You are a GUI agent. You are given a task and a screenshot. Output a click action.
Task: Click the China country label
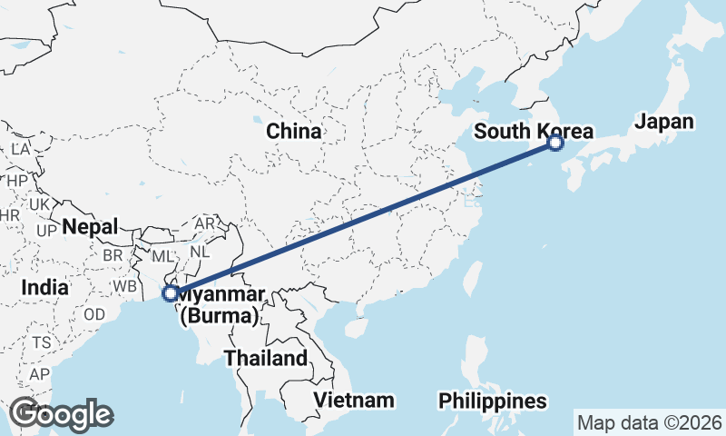click(293, 132)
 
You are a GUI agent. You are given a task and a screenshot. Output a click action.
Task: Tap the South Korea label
click(534, 132)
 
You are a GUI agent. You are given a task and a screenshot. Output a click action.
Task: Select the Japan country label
click(664, 122)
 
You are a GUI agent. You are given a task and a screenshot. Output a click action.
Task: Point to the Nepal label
click(91, 227)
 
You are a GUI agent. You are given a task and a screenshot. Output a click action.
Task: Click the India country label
click(45, 287)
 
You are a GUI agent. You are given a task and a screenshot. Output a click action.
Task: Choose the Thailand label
click(266, 358)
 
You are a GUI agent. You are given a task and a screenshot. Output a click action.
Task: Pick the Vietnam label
click(354, 400)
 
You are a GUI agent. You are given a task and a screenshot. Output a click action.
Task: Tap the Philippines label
click(493, 401)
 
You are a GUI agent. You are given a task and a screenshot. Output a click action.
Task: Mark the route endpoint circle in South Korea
click(555, 143)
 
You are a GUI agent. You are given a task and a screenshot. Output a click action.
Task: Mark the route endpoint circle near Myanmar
click(170, 293)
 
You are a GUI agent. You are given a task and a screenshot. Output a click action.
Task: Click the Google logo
click(61, 414)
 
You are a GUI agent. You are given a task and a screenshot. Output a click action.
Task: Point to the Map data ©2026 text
click(650, 422)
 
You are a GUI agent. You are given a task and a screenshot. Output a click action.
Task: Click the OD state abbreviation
click(93, 314)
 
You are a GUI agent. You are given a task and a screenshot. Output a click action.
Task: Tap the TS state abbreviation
click(42, 343)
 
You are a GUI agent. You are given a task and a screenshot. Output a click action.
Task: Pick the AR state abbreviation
click(204, 223)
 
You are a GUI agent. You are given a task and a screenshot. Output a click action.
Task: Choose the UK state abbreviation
click(39, 205)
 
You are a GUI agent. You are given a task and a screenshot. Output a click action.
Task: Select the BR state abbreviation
click(113, 256)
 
